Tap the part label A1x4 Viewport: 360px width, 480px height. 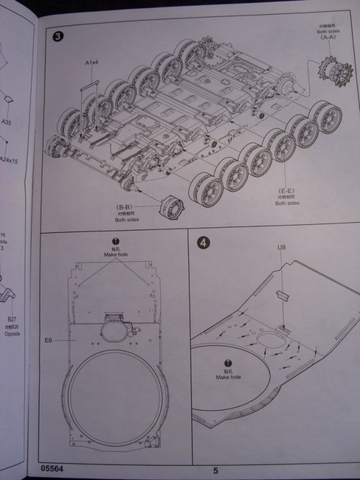click(92, 64)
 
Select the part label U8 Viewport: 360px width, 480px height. click(282, 246)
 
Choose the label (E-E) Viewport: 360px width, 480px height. click(286, 190)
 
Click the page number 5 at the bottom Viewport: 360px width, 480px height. click(215, 470)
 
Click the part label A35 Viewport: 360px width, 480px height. click(6, 122)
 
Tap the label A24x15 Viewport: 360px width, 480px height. click(8, 160)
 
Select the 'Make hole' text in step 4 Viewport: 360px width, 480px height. click(228, 376)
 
